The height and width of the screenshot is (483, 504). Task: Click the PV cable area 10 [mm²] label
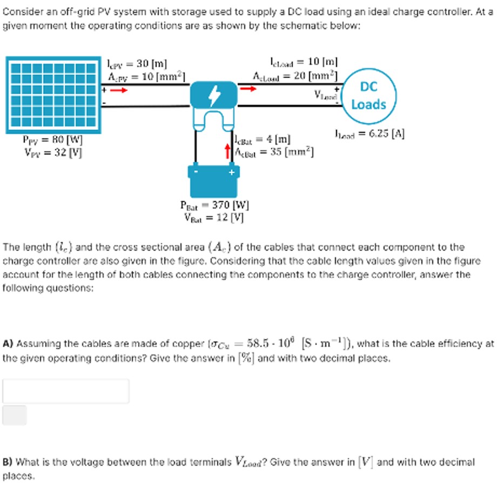146,76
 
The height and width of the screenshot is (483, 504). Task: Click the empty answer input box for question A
66,391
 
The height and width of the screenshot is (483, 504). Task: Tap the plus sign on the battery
231,173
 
